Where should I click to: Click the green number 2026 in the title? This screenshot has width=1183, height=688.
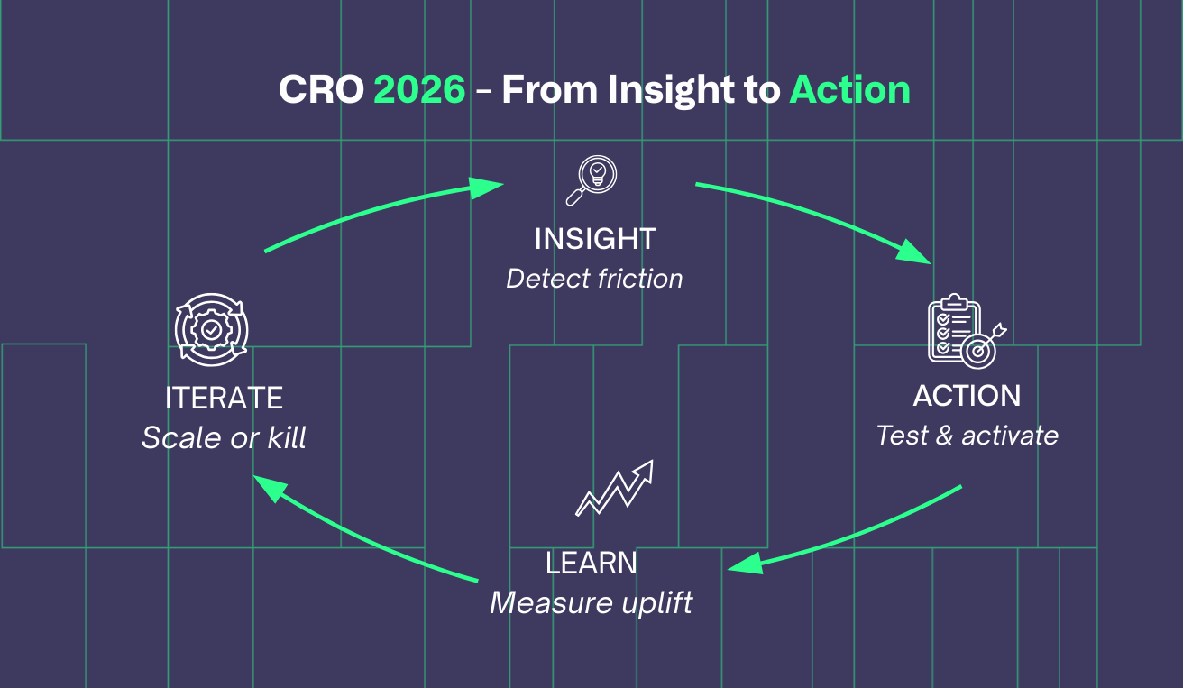[419, 90]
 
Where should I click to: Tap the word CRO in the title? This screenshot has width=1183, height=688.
[320, 90]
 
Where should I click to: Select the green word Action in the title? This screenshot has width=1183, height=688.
[849, 90]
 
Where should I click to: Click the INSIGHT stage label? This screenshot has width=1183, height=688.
[595, 239]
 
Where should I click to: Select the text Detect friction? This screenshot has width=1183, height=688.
[594, 279]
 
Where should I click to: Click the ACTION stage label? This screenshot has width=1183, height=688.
[967, 396]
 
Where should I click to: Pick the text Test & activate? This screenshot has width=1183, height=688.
[967, 436]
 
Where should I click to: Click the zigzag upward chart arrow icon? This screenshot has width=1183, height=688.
[614, 488]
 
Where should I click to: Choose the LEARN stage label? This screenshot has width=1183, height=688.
[591, 564]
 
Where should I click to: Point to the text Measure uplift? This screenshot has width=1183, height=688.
[591, 602]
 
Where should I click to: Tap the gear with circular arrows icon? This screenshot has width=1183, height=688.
[211, 330]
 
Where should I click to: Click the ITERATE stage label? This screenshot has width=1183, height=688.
[224, 398]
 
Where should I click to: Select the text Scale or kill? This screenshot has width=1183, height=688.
[224, 438]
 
